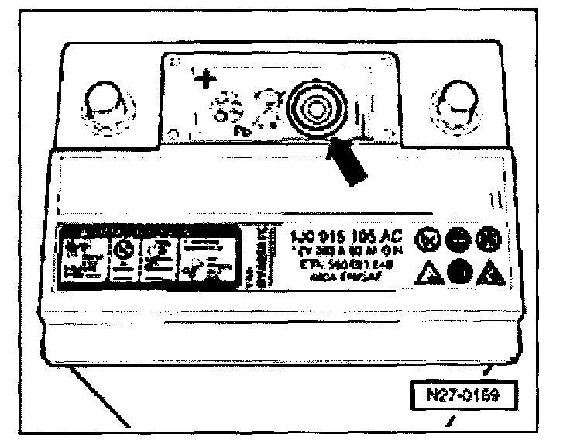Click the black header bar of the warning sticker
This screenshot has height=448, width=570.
click(124, 231)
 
